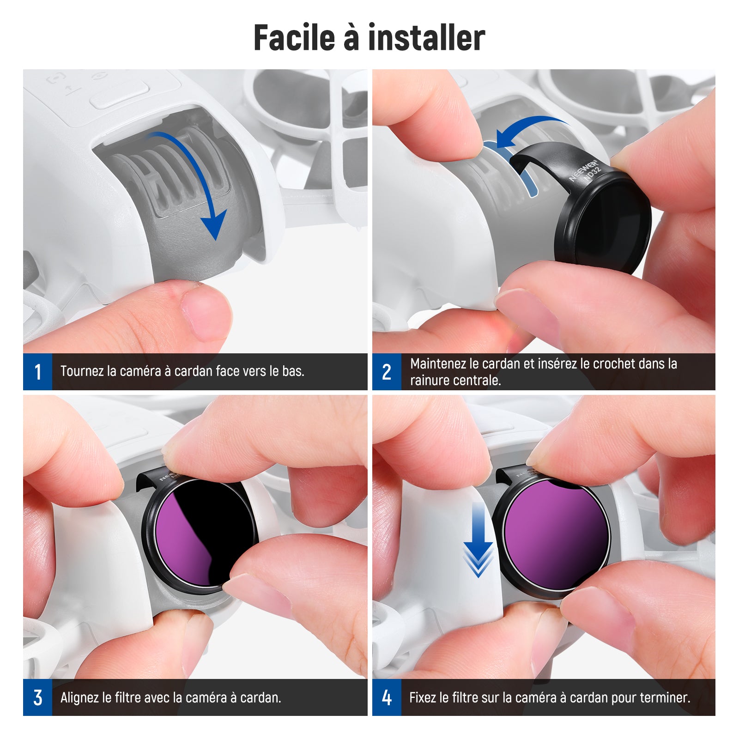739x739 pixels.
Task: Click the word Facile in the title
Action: pos(294,37)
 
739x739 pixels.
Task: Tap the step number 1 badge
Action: pos(37,372)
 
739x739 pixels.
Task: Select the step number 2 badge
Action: pos(387,372)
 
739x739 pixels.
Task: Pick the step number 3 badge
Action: pos(37,697)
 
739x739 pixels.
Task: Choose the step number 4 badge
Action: pos(387,697)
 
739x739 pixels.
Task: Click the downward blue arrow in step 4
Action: pos(478,540)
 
